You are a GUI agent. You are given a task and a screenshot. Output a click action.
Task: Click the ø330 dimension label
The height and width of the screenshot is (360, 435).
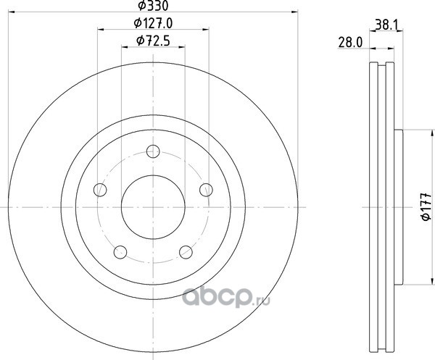(153, 6)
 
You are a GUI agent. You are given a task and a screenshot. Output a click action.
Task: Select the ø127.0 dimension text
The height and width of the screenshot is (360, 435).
(153, 23)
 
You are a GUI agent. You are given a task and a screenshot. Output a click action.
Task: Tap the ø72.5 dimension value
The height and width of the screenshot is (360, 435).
(153, 41)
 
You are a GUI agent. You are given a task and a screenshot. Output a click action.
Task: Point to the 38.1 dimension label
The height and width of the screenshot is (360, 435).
(386, 25)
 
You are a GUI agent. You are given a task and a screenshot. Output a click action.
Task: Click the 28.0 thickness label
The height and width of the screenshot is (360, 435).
(350, 43)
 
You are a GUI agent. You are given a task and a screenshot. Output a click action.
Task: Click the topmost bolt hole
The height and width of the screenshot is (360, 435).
(153, 151)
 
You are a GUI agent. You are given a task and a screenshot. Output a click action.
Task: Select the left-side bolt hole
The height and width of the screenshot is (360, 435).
(100, 190)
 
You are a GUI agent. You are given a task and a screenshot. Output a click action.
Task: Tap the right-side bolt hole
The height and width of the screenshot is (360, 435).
(206, 190)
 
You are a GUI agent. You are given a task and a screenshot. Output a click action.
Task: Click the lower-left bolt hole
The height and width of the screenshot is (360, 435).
(120, 252)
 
